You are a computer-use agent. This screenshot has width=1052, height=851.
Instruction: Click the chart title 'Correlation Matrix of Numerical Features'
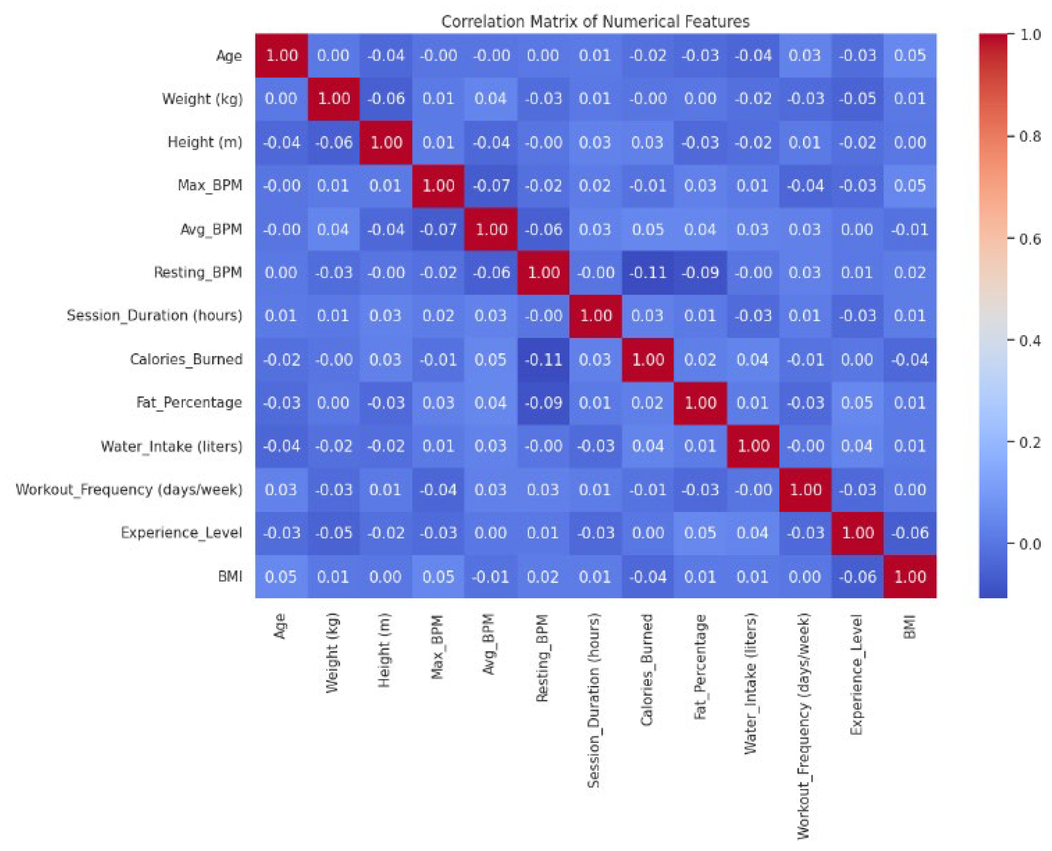pyautogui.click(x=595, y=22)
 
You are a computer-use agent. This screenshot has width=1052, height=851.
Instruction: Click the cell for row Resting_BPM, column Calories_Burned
pyautogui.click(x=648, y=273)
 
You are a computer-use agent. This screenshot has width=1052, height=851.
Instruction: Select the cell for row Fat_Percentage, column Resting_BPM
pyautogui.click(x=544, y=403)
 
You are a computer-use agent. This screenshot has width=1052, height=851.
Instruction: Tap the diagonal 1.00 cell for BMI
pyautogui.click(x=909, y=576)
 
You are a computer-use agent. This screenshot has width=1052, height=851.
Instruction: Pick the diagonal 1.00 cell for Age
pyautogui.click(x=281, y=55)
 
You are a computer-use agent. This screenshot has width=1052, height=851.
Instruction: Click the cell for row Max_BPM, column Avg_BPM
pyautogui.click(x=491, y=186)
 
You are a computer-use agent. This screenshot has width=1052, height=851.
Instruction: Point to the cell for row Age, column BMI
pyautogui.click(x=909, y=55)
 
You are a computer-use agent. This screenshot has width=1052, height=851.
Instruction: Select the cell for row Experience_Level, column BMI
pyautogui.click(x=909, y=533)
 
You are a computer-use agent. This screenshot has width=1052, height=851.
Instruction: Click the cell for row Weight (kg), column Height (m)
pyautogui.click(x=386, y=99)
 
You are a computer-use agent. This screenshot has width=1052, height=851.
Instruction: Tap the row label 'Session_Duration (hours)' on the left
pyautogui.click(x=154, y=315)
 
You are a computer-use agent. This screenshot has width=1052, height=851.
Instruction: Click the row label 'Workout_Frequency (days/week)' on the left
pyautogui.click(x=129, y=489)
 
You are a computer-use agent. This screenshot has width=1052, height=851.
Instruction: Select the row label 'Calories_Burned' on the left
pyautogui.click(x=186, y=359)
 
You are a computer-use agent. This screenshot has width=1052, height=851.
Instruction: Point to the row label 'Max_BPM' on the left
pyautogui.click(x=210, y=186)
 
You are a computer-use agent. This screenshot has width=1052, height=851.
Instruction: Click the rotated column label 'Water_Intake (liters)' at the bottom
pyautogui.click(x=750, y=684)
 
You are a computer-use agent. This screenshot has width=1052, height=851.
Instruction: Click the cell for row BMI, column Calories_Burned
pyautogui.click(x=648, y=576)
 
